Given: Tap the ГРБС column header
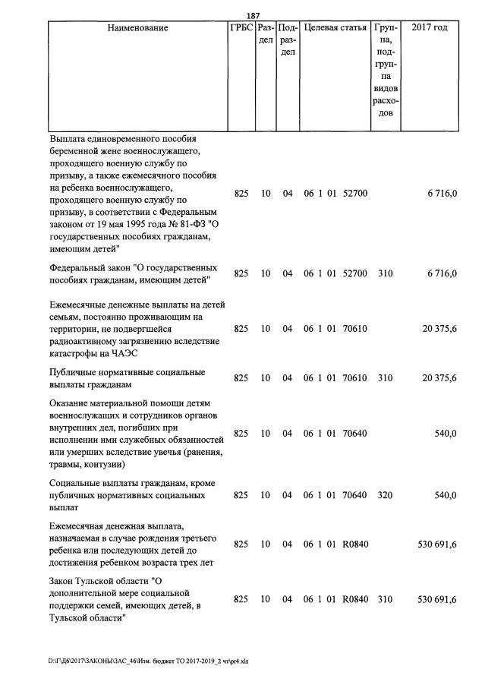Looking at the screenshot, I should point(241,28).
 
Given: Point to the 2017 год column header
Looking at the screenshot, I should point(429,28).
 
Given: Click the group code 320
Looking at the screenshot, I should point(386,495).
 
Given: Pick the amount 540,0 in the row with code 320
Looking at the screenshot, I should point(444,495).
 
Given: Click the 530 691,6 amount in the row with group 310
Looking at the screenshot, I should point(437,599).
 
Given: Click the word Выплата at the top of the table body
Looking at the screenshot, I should point(69,139).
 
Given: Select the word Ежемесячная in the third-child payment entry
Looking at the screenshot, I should point(81,526).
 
